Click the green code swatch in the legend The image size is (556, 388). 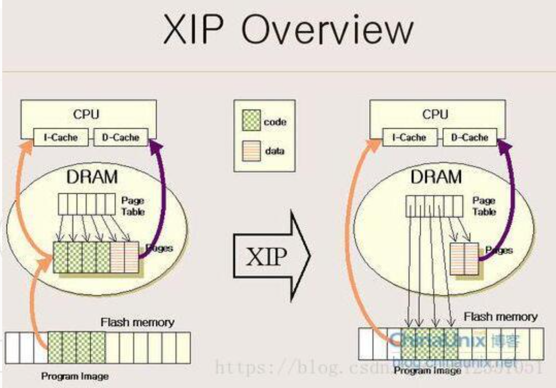[x=251, y=122]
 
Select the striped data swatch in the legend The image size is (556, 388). [x=251, y=150]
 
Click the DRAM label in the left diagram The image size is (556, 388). [x=92, y=178]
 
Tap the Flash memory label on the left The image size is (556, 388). [x=137, y=322]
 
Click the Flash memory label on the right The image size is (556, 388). [x=500, y=317]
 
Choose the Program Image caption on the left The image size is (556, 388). [x=75, y=376]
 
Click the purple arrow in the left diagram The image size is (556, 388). [x=167, y=187]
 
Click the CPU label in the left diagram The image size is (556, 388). [x=86, y=114]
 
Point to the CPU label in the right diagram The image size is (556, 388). [x=435, y=114]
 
